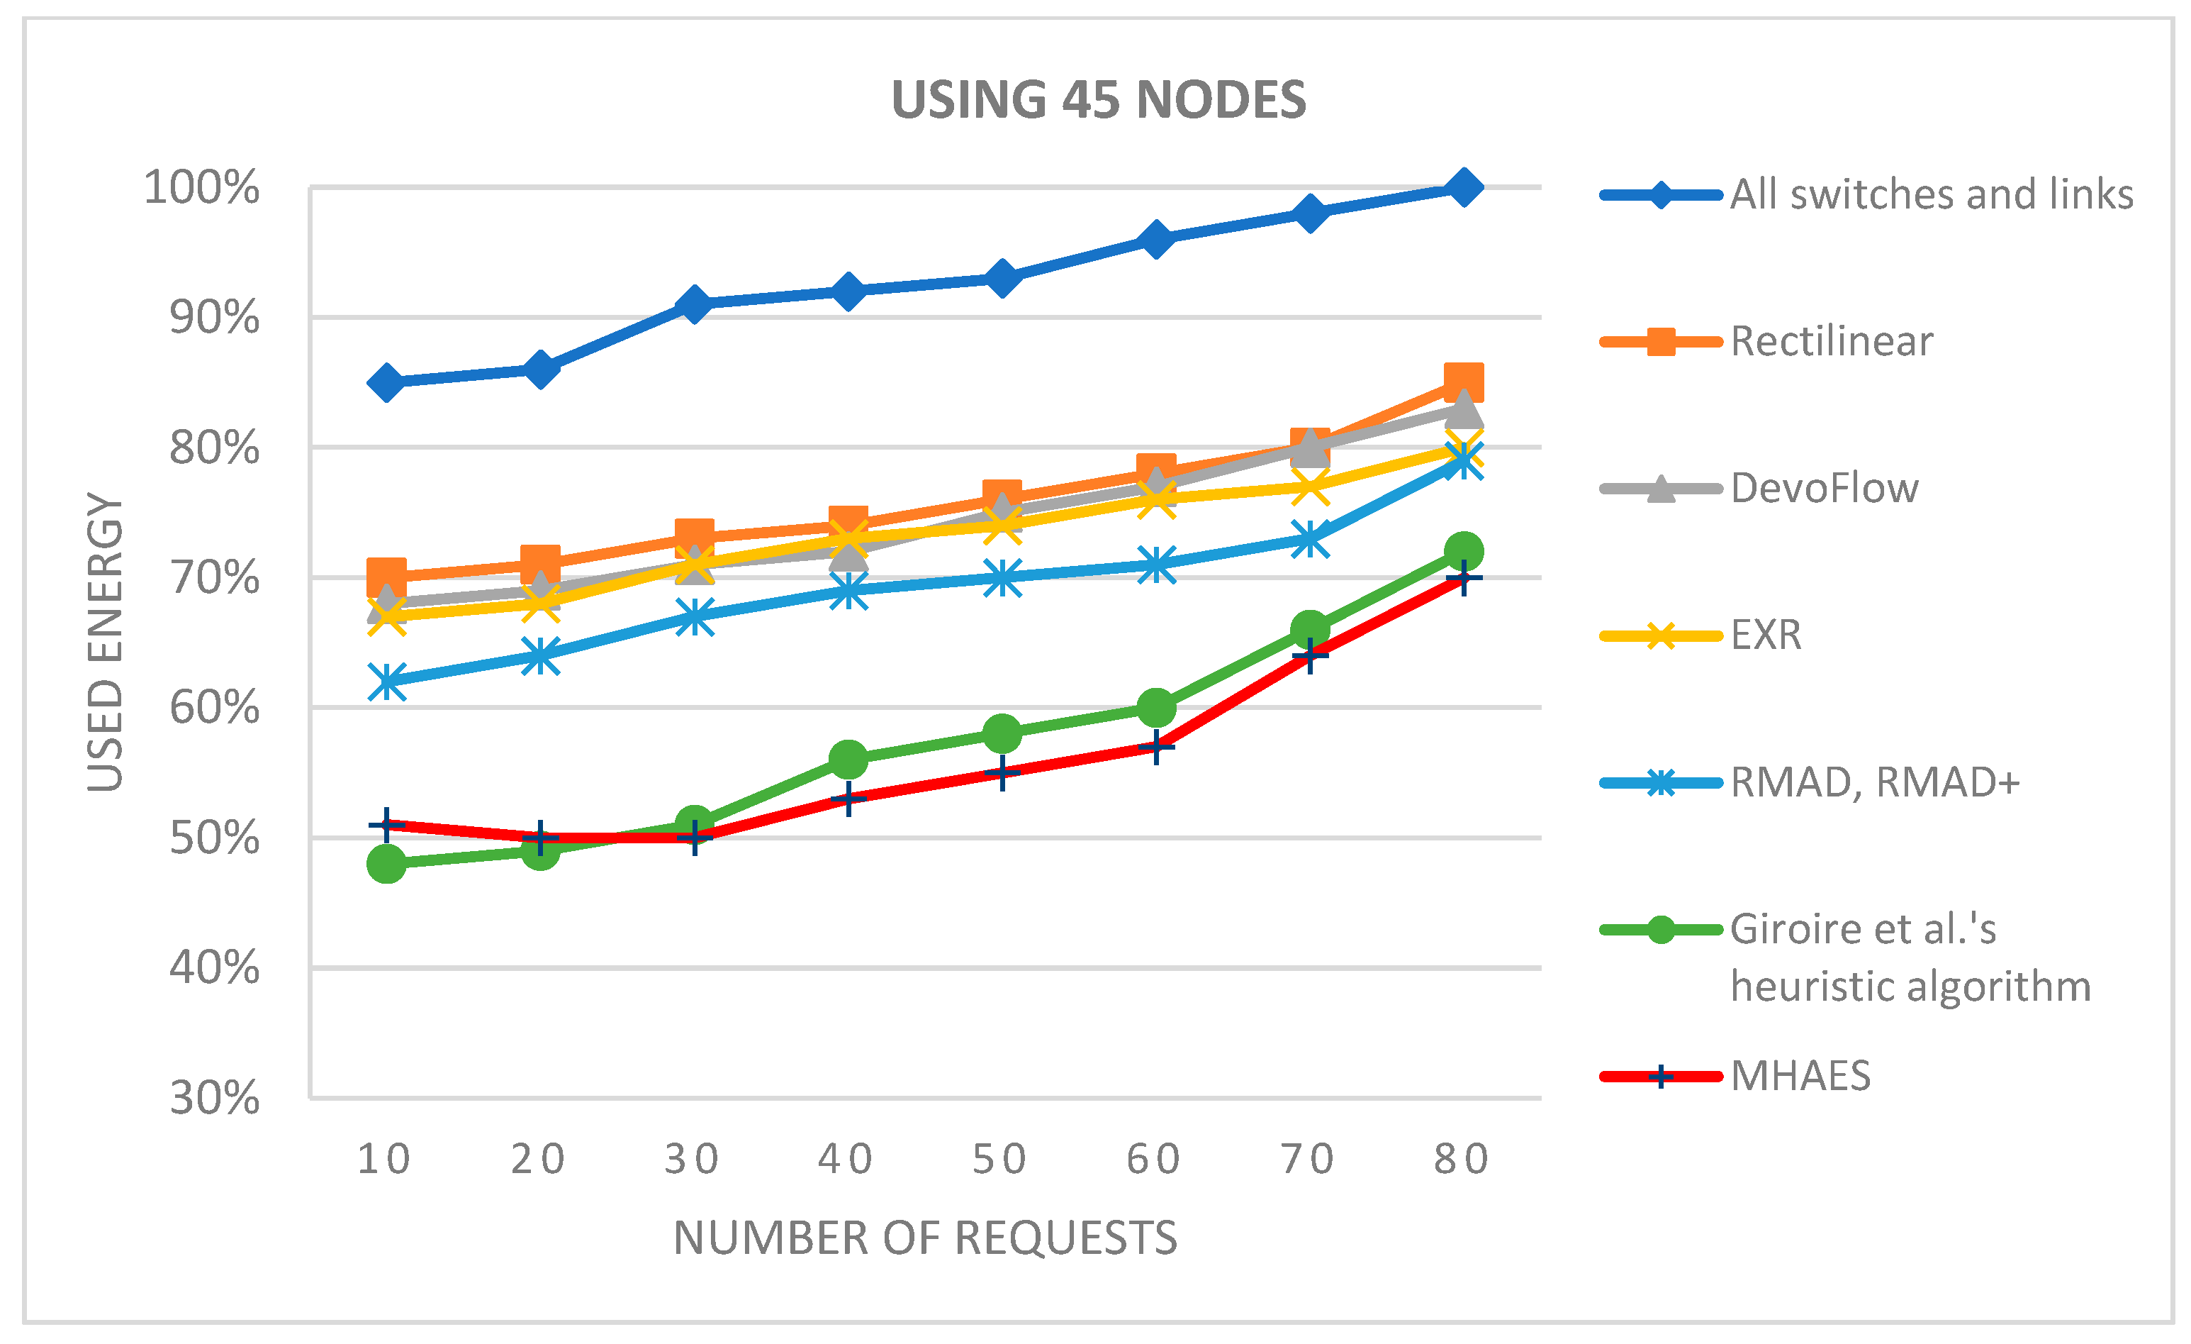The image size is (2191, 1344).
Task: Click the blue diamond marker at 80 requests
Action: [1463, 188]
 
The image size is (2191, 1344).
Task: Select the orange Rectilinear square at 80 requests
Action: [1463, 382]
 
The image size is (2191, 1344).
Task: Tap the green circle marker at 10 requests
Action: [386, 863]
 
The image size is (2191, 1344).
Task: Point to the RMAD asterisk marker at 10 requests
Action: [386, 682]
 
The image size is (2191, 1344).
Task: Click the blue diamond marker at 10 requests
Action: [386, 382]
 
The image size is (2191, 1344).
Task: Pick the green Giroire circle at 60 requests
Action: [1155, 707]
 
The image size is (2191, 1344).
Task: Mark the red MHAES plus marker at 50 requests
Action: [1002, 772]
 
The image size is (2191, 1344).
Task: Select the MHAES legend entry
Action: [1800, 1077]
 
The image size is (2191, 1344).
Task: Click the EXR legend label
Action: [1765, 635]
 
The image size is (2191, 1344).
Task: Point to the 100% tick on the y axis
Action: [202, 188]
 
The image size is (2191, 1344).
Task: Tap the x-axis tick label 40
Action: [846, 1159]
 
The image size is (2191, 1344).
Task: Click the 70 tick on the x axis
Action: [1307, 1159]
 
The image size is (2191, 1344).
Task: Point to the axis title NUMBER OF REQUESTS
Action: [925, 1238]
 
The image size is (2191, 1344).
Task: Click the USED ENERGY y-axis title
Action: [105, 640]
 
